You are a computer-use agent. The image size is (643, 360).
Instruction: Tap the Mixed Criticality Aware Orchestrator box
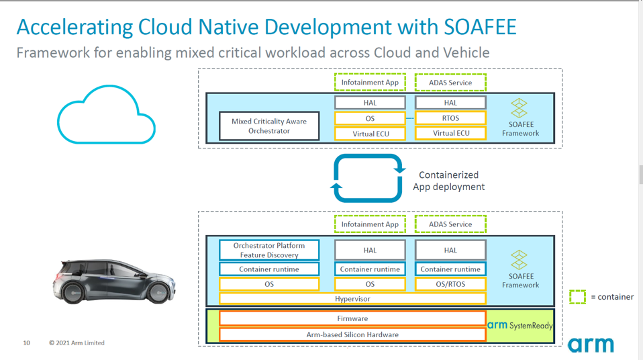tap(269, 126)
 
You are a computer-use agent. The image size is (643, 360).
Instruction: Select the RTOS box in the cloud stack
tap(450, 118)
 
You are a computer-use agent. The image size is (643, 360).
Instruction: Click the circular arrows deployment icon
tap(368, 178)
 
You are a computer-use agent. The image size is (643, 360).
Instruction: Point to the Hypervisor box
tap(352, 299)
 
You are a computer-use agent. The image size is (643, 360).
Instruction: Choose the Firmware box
tap(352, 318)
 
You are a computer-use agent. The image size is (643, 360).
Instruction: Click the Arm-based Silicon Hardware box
tap(352, 334)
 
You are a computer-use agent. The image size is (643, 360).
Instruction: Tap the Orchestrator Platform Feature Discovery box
tap(269, 250)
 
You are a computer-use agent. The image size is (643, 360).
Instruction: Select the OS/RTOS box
tap(450, 284)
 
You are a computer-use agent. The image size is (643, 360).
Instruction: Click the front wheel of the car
tap(159, 292)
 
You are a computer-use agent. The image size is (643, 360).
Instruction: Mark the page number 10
tap(27, 343)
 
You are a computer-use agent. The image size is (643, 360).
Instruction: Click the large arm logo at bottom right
tap(591, 345)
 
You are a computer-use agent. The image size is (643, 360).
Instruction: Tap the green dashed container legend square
tap(577, 297)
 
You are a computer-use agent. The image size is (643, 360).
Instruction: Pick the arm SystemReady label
tap(520, 325)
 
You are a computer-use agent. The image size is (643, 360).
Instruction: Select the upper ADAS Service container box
tap(450, 83)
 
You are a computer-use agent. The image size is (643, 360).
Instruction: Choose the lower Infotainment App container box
tap(370, 224)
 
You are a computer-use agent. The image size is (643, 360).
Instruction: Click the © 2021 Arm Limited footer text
tap(77, 343)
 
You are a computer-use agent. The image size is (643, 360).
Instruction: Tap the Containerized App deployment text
tap(448, 181)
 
